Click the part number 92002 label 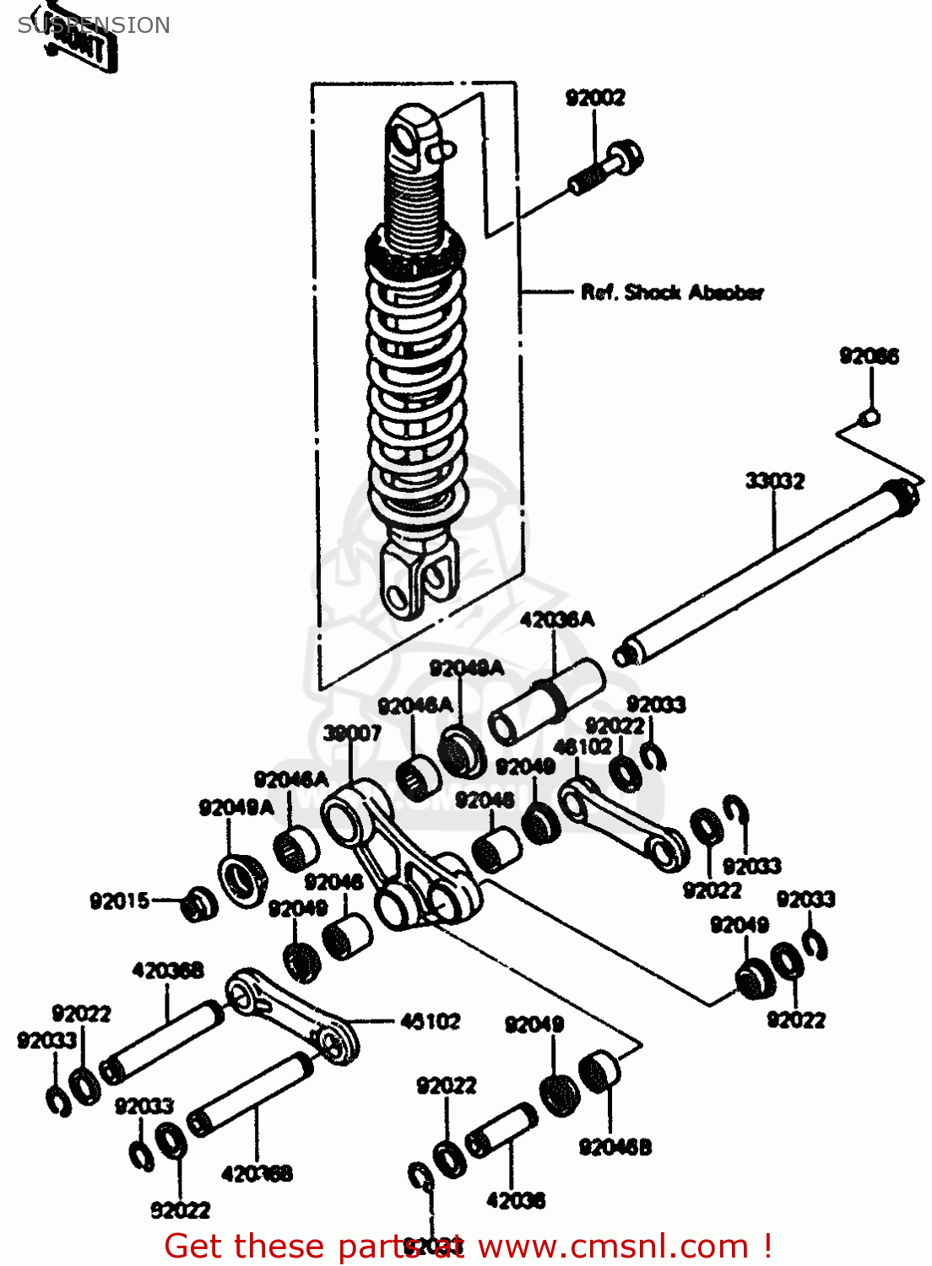(595, 98)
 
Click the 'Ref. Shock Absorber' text (672, 293)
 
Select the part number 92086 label (869, 356)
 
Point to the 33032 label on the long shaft (775, 481)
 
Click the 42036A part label (556, 620)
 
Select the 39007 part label (352, 733)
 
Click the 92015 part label (120, 901)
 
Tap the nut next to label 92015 (199, 905)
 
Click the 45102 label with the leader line (430, 1022)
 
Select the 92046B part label (615, 1147)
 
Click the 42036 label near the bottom (516, 1200)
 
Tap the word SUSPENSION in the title (94, 25)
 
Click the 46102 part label (582, 747)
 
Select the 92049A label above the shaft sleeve (466, 668)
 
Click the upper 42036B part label (167, 971)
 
